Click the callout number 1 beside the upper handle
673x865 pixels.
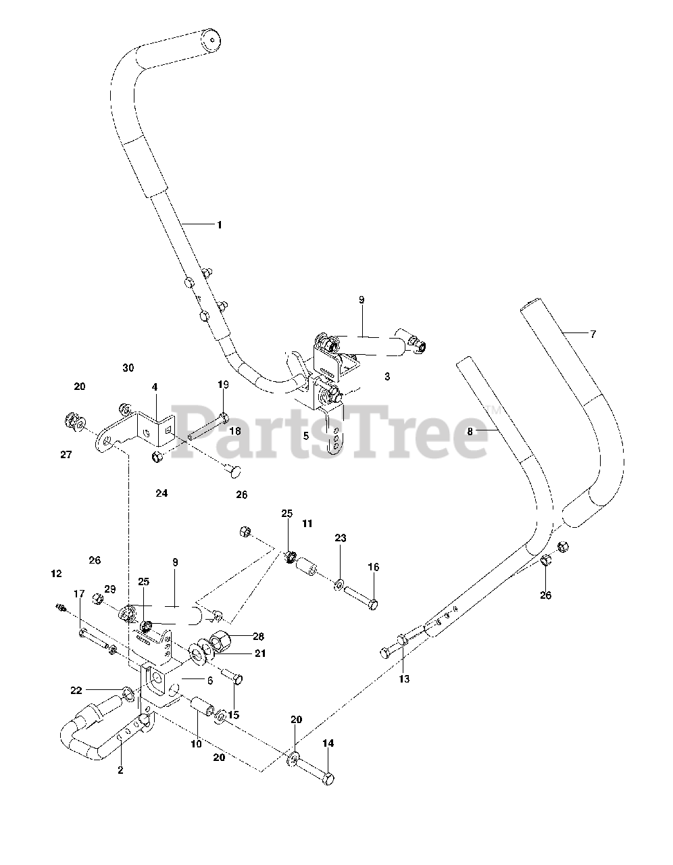click(x=219, y=225)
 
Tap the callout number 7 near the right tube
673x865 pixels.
click(x=593, y=334)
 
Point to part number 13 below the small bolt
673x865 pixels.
click(x=403, y=678)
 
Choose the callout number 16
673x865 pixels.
click(x=374, y=567)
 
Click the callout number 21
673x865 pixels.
click(x=241, y=653)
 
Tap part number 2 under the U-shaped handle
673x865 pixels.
click(x=120, y=770)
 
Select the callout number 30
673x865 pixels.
click(x=128, y=368)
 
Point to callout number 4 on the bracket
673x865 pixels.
click(x=155, y=387)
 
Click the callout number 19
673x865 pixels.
click(x=224, y=385)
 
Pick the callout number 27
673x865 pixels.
click(x=66, y=455)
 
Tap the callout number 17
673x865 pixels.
click(x=79, y=593)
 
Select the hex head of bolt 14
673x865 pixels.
click(x=328, y=778)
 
